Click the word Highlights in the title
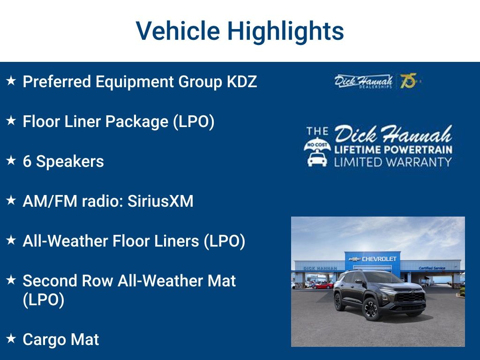(285, 31)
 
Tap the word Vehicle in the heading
(178, 31)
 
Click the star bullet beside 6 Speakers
(11, 161)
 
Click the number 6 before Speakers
(27, 162)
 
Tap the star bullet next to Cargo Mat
(11, 338)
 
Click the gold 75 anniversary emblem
(408, 81)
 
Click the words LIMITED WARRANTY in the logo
(393, 162)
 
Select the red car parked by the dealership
(323, 285)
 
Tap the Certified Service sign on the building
(433, 268)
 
